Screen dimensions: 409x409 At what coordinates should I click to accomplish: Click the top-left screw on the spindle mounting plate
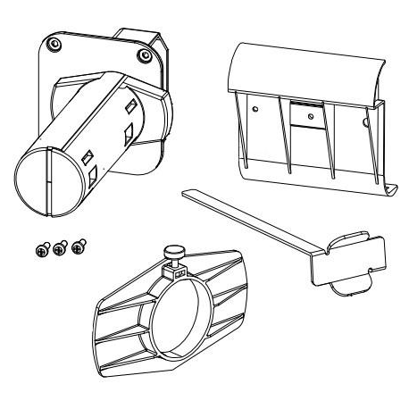pos(55,43)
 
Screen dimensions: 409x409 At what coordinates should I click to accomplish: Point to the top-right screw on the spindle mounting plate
pos(144,56)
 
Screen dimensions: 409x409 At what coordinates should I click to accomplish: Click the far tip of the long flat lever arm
pos(185,190)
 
